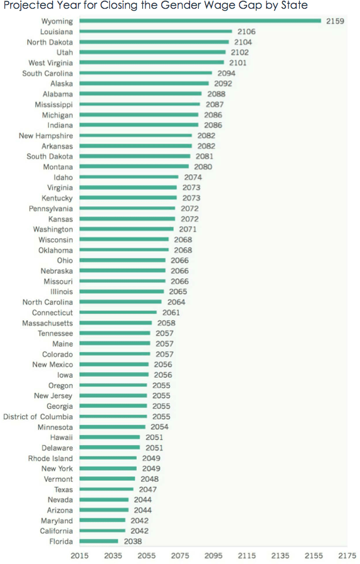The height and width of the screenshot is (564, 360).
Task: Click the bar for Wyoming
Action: tap(200, 21)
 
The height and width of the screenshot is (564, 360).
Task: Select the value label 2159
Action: tap(336, 21)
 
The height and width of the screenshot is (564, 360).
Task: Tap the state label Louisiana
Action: tap(56, 32)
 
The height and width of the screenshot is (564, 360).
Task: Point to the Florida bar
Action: tap(98, 541)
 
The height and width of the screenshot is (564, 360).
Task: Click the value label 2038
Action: tap(133, 541)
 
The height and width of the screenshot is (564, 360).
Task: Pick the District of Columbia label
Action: tap(38, 417)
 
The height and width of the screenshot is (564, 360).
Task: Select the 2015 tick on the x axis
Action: tap(80, 555)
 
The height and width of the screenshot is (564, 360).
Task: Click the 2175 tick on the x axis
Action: tap(347, 555)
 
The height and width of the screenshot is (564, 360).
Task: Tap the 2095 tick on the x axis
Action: tap(213, 555)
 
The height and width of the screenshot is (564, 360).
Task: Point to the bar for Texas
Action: tap(106, 489)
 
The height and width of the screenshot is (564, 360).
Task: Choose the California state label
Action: tap(56, 531)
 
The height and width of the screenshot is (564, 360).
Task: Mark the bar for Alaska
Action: tap(144, 84)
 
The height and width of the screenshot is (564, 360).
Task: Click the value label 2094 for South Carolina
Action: tap(226, 73)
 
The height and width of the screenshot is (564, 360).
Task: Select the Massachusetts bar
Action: tap(116, 323)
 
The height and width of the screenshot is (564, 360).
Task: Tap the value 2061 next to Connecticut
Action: tap(171, 313)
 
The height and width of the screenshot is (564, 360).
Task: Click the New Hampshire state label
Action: tap(46, 136)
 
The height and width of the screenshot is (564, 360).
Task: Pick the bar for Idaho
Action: tap(129, 177)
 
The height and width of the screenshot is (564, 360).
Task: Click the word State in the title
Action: tap(294, 6)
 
